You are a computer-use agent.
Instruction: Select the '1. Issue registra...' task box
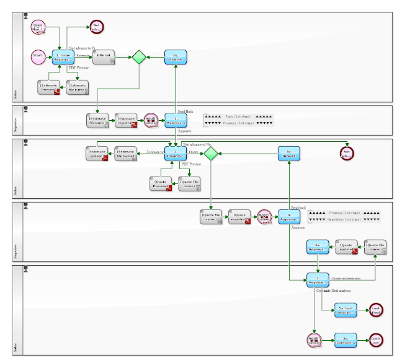coord(63,57)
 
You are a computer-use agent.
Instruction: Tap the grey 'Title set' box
coord(104,57)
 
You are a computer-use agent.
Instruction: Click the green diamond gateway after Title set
coord(139,57)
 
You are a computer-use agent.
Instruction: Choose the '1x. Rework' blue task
coord(176,57)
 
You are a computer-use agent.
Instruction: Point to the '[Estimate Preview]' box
coord(48,87)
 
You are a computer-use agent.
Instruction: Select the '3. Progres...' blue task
coord(176,153)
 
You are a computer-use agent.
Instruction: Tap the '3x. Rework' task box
coord(289,153)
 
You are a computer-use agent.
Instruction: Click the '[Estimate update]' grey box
coord(97,153)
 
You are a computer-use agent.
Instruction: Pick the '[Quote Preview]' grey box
coord(161,183)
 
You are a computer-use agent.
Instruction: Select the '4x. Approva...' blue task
coord(318,247)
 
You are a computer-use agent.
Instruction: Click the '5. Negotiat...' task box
coord(318,280)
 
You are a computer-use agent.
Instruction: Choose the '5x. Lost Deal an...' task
coord(346,310)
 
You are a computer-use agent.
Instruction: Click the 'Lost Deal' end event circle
coord(375,310)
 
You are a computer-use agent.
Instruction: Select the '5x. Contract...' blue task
coord(346,340)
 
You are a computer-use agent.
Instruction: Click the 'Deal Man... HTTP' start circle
coord(39,28)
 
